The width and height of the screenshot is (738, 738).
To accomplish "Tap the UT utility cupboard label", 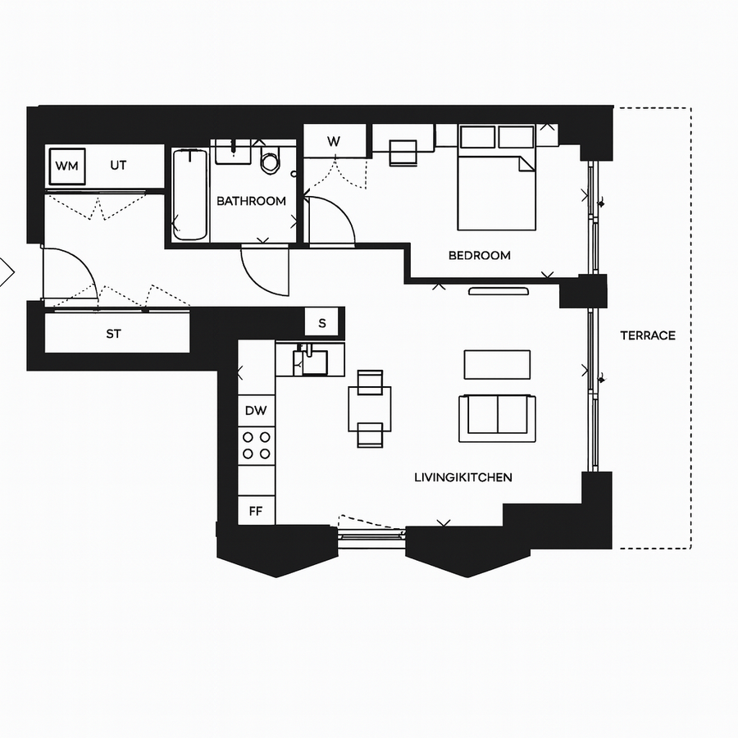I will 119,166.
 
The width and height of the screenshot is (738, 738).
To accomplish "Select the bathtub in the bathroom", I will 190,194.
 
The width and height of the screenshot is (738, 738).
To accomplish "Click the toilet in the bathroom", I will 271,159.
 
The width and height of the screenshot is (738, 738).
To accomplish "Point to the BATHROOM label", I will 251,201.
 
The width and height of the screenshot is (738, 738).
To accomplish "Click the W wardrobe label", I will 334,141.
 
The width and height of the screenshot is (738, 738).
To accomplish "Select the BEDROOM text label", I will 479,255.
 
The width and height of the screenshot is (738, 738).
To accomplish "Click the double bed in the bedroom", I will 496,184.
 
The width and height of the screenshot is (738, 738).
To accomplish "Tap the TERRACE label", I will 647,335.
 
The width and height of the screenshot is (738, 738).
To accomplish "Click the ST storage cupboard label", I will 113,334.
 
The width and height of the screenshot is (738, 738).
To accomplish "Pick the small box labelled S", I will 321,323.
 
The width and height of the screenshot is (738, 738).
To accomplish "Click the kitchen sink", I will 312,360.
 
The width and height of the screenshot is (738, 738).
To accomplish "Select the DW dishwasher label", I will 257,410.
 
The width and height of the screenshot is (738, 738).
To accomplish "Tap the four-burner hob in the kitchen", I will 257,445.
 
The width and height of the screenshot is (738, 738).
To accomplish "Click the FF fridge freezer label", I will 257,510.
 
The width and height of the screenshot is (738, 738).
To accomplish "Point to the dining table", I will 370,408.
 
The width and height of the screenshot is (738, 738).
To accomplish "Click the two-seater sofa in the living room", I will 497,417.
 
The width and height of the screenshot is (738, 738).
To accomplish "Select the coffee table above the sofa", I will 497,364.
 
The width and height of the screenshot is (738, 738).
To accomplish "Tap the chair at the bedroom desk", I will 403,153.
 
